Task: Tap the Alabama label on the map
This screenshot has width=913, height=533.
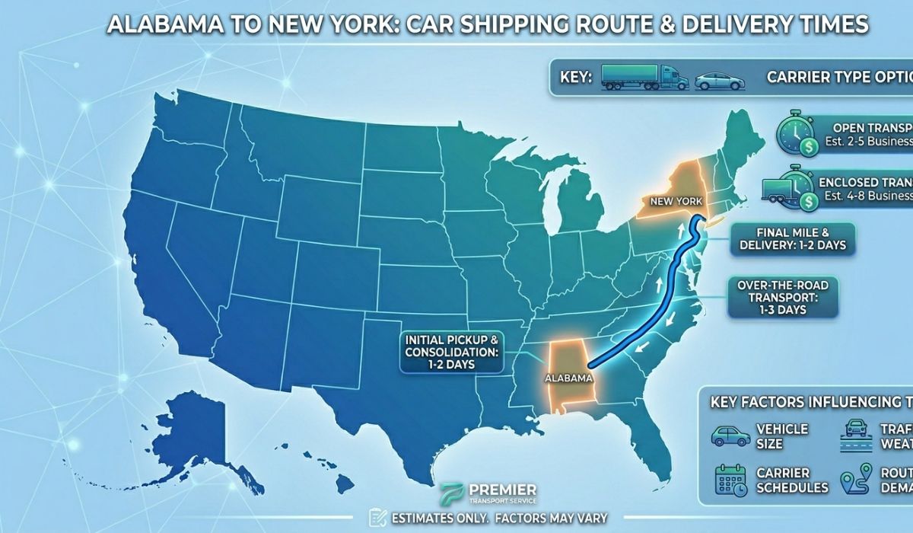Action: coord(568,377)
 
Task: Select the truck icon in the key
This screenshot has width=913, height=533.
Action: coord(644,78)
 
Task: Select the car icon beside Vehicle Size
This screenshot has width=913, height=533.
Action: coord(730,436)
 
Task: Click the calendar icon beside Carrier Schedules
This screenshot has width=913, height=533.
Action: coord(730,480)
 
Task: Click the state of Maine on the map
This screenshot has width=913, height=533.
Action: coord(749,137)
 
